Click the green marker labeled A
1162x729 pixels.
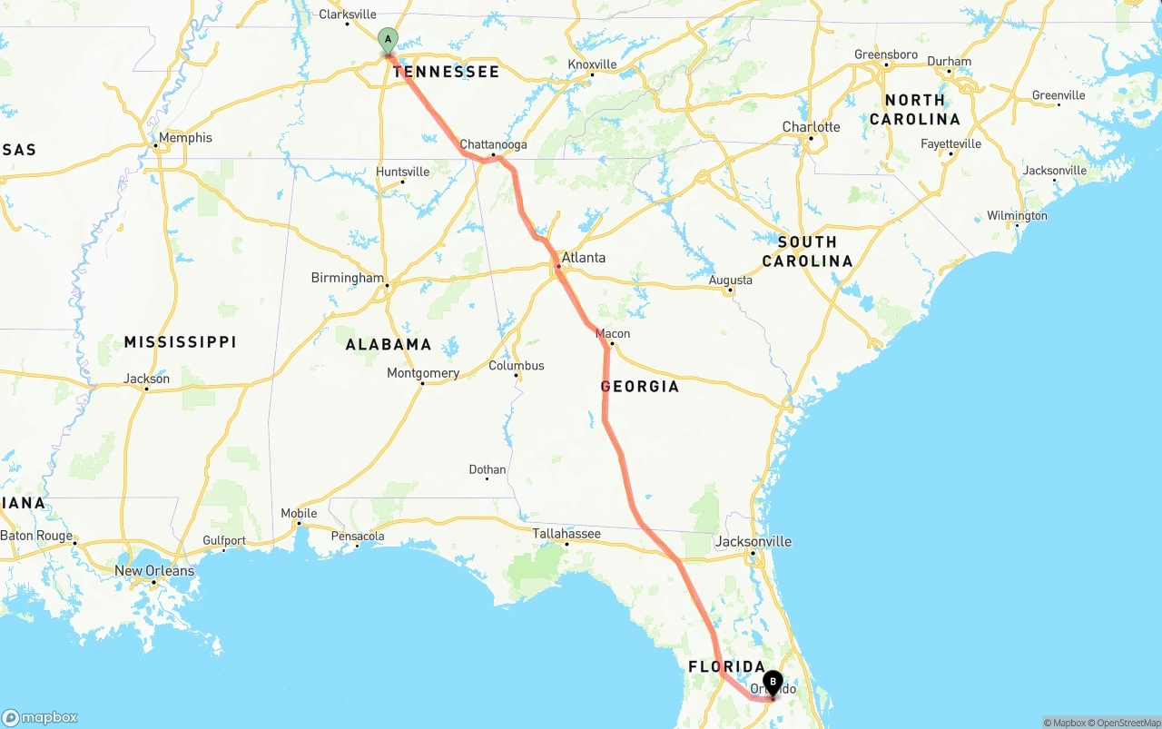pyautogui.click(x=388, y=40)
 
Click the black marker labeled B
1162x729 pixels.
pyautogui.click(x=773, y=682)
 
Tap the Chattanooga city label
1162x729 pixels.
pyautogui.click(x=493, y=144)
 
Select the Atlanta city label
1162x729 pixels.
pyautogui.click(x=583, y=258)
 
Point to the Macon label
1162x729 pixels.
pyautogui.click(x=613, y=333)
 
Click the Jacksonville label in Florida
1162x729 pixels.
pyautogui.click(x=753, y=541)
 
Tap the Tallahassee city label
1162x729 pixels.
pyautogui.click(x=566, y=533)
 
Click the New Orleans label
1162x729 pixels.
pyautogui.click(x=154, y=571)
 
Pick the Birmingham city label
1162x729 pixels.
pyautogui.click(x=347, y=277)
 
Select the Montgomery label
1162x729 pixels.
pyautogui.click(x=423, y=373)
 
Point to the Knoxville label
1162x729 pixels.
pyautogui.click(x=592, y=64)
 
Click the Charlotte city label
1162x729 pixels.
pyautogui.click(x=811, y=127)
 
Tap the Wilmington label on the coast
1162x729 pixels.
pyautogui.click(x=1017, y=216)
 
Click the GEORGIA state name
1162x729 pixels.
pyautogui.click(x=640, y=387)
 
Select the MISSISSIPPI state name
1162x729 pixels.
pyautogui.click(x=180, y=342)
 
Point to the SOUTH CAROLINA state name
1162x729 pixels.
pyautogui.click(x=807, y=251)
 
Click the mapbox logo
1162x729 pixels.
pyautogui.click(x=40, y=717)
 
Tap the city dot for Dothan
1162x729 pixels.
pyautogui.click(x=487, y=478)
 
